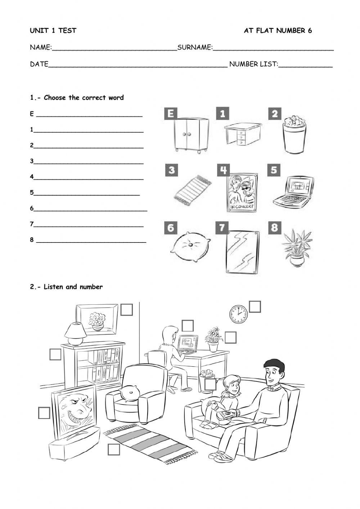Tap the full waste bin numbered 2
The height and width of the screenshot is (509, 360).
pos(294,135)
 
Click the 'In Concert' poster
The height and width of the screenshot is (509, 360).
pos(242,192)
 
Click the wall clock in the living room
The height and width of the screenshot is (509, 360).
pos(238,314)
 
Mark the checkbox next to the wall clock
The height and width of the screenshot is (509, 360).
pos(255,307)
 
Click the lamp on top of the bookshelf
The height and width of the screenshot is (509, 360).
pos(75,334)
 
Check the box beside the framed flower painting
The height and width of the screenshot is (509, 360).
pos(126,309)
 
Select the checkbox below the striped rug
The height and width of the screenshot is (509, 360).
pos(114,450)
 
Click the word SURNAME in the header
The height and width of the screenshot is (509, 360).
pos(195,47)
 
